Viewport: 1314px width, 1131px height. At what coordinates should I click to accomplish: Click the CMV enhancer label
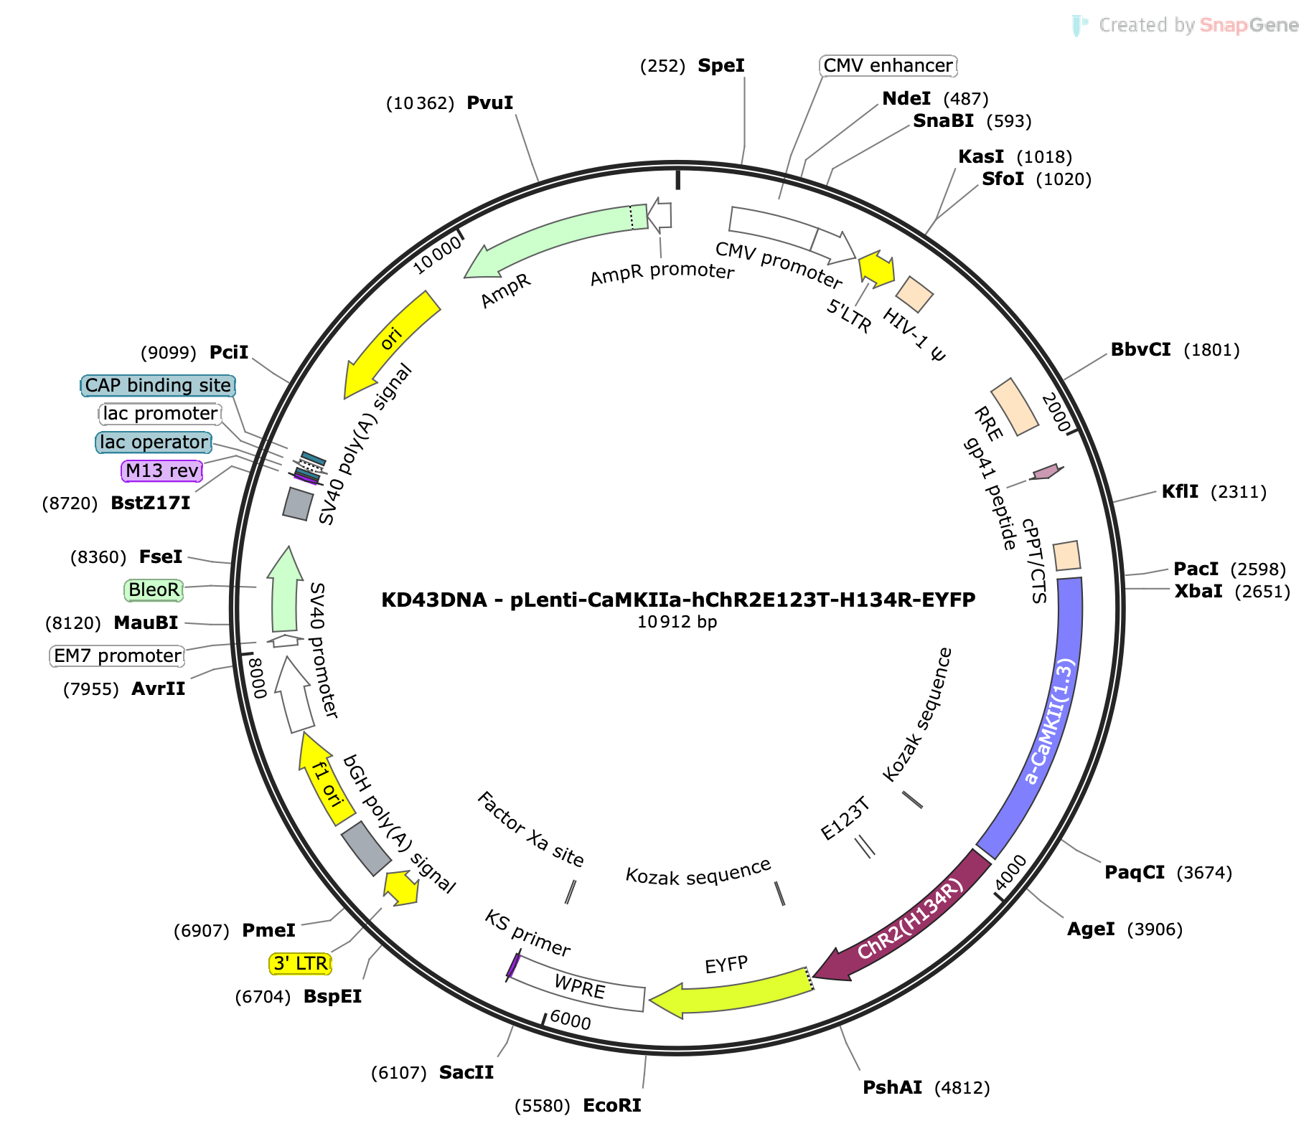click(x=888, y=66)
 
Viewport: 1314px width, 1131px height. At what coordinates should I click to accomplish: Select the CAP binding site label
click(x=158, y=386)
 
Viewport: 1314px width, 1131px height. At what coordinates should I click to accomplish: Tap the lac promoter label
click(x=160, y=414)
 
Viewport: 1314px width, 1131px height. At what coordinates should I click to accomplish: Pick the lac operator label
click(x=154, y=443)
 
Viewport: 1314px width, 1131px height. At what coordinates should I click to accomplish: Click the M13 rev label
click(x=162, y=471)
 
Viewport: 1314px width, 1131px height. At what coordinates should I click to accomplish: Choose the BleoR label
click(x=154, y=590)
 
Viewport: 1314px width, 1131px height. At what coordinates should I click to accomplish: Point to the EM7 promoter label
click(x=118, y=656)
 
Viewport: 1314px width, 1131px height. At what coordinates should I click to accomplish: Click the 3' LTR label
click(x=301, y=963)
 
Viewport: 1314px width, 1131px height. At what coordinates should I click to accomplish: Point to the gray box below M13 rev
click(x=298, y=504)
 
